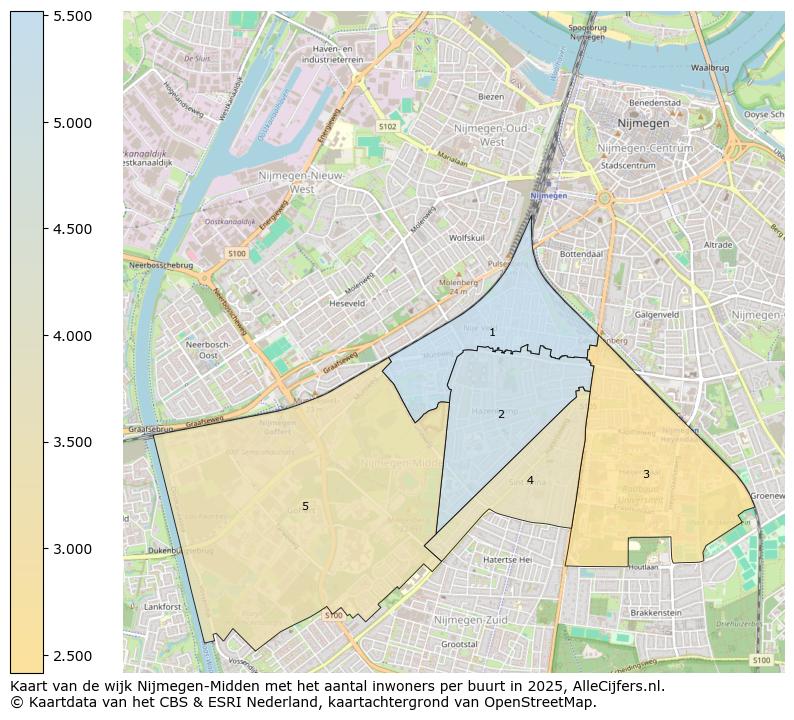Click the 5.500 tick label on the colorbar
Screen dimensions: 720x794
(x=72, y=17)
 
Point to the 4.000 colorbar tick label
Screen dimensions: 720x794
(x=72, y=336)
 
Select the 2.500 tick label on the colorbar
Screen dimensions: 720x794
(x=72, y=655)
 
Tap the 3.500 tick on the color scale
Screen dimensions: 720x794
(x=72, y=442)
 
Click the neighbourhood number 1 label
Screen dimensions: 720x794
(x=492, y=332)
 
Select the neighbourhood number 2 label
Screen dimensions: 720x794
(x=501, y=414)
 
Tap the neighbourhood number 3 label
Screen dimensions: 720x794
(x=646, y=474)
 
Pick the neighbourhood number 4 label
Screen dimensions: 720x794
(x=530, y=481)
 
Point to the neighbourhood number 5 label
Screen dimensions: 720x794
(x=305, y=507)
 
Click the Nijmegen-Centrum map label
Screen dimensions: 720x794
(x=637, y=148)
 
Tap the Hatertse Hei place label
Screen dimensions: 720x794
(x=507, y=560)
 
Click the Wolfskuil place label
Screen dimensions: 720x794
(x=467, y=238)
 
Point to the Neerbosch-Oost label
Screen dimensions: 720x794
(x=194, y=350)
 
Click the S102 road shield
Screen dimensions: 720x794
(x=388, y=127)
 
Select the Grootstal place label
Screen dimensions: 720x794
(x=459, y=645)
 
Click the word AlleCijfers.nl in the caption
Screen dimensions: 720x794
(x=618, y=686)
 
